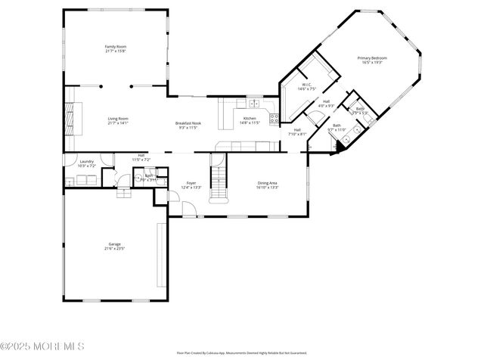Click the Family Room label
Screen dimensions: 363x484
pyautogui.click(x=115, y=47)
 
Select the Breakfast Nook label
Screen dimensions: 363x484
pyautogui.click(x=188, y=123)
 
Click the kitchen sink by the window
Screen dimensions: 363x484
pyautogui.click(x=256, y=104)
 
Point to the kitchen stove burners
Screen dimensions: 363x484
pyautogui.click(x=275, y=118)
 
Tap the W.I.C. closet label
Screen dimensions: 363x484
pyautogui.click(x=306, y=85)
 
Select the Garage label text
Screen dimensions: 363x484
pyautogui.click(x=115, y=244)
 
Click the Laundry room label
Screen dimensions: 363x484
pyautogui.click(x=87, y=160)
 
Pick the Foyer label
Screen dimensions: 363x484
pyautogui.click(x=191, y=182)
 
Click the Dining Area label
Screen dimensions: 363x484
pyautogui.click(x=268, y=182)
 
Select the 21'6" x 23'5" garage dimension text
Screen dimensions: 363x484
pyautogui.click(x=115, y=249)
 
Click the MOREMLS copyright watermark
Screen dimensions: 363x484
pyautogui.click(x=42, y=347)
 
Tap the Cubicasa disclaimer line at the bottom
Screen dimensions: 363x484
pyautogui.click(x=242, y=352)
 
